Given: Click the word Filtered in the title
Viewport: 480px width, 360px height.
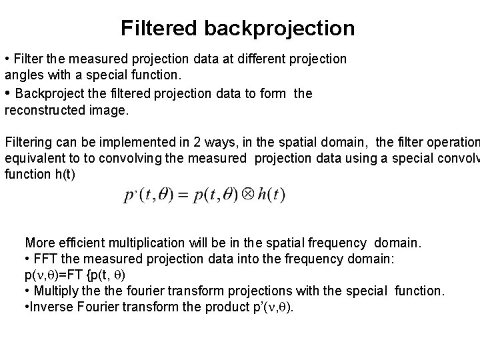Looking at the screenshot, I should [159, 29].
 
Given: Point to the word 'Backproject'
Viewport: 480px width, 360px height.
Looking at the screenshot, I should [49, 93].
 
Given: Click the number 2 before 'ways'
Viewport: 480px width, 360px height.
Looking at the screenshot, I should [185, 142].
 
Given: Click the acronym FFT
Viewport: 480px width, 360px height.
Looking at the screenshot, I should [43, 259].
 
